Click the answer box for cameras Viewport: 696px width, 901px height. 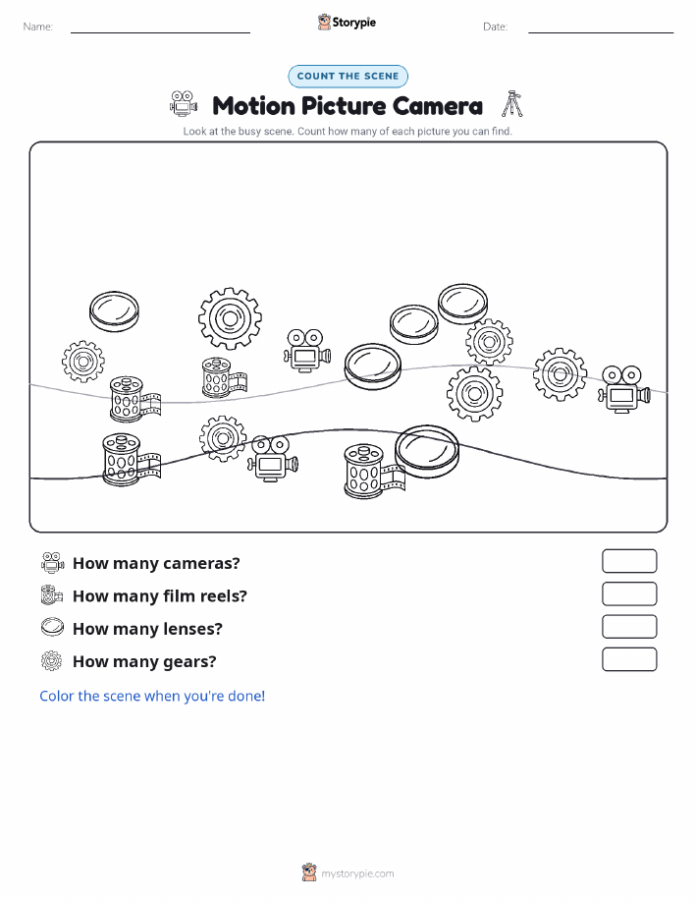pos(629,561)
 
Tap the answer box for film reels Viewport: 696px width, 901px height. pos(629,594)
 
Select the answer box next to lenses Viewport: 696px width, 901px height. pos(629,627)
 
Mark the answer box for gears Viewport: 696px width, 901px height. pos(629,659)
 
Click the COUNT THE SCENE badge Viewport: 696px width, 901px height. pos(348,77)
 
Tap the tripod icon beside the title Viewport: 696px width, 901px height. pos(512,104)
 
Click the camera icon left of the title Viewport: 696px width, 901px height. pos(184,103)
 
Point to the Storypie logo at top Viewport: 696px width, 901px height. pos(347,23)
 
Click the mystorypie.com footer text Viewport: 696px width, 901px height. pos(357,873)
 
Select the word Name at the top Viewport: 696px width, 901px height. pos(38,27)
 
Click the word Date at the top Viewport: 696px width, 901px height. pos(495,27)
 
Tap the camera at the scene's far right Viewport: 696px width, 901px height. pos(623,389)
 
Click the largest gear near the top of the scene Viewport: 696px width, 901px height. pos(231,318)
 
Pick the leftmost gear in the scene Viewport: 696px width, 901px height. pos(83,362)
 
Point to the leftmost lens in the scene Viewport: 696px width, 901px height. pos(114,311)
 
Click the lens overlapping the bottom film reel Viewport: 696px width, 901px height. pos(427,452)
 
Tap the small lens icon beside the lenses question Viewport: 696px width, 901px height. pos(52,627)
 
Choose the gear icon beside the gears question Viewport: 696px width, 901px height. pos(52,661)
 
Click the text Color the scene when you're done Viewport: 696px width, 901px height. pos(152,696)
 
